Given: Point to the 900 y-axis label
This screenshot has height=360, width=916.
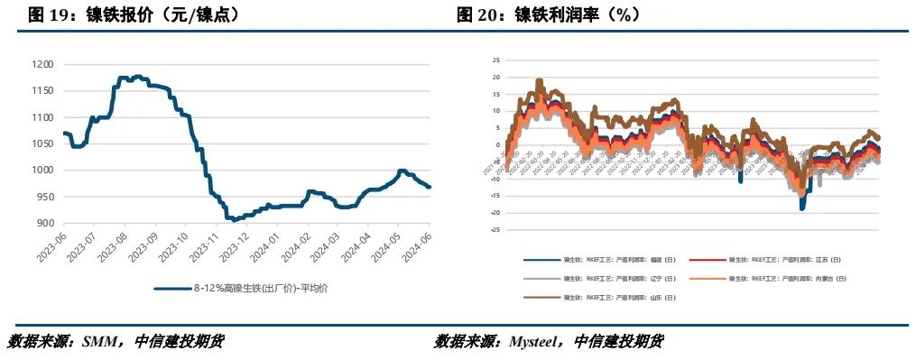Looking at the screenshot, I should [43, 224].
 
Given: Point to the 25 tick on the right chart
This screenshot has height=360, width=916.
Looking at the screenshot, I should [495, 60].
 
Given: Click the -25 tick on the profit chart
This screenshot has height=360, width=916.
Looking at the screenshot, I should [494, 230].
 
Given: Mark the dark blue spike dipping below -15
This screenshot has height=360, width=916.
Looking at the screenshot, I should [802, 206].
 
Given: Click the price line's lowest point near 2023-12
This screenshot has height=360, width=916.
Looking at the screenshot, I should [234, 219].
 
